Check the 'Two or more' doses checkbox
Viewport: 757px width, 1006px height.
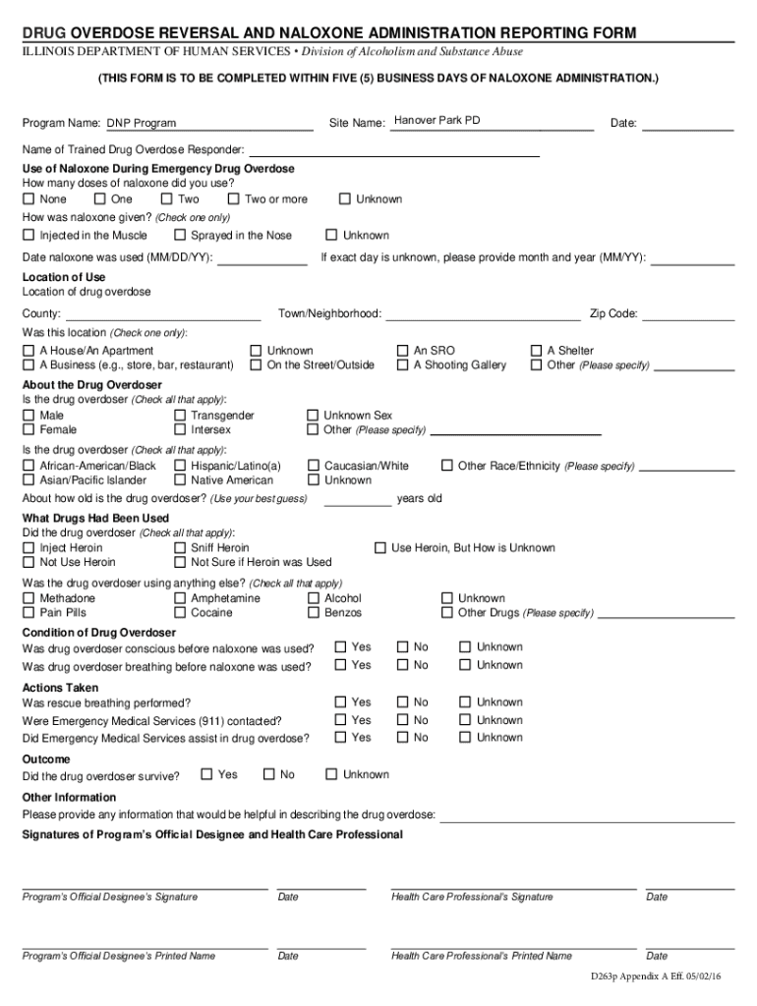tap(233, 199)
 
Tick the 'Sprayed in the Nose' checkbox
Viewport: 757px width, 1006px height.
tap(179, 236)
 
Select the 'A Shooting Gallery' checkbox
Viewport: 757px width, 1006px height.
tap(402, 365)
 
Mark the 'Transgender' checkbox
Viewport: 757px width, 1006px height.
tap(179, 416)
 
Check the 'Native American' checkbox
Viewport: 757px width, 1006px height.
tap(179, 480)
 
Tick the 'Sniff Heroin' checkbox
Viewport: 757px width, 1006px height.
tap(179, 548)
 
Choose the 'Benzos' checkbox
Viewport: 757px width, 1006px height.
tap(313, 613)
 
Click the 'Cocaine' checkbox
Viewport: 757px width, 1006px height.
tap(179, 613)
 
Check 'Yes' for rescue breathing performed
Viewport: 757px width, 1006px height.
tap(340, 702)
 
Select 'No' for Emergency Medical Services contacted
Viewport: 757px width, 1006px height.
tap(402, 720)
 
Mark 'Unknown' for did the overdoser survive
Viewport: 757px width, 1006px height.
tap(331, 774)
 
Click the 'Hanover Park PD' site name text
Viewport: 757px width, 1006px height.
tap(437, 121)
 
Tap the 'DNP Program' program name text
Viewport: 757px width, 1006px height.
tap(142, 124)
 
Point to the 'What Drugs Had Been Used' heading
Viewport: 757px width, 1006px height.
tap(95, 519)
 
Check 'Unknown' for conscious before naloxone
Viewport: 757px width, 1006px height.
tap(465, 647)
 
